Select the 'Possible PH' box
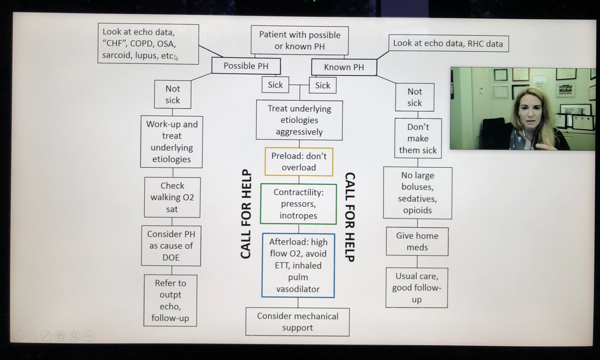(245, 66)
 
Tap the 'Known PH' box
(344, 66)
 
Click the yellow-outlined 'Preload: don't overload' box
(298, 161)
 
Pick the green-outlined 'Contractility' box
(298, 204)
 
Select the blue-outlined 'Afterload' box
(298, 265)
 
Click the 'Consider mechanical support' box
(297, 322)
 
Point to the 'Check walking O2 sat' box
(172, 197)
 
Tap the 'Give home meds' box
(416, 242)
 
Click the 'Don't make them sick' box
(417, 138)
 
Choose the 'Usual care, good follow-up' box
(416, 287)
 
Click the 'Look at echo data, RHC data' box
(447, 43)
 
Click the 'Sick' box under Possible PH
(275, 85)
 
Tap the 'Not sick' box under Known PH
(414, 97)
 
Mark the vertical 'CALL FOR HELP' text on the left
(245, 216)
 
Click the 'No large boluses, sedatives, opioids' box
(417, 193)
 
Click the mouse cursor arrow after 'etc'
(176, 57)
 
